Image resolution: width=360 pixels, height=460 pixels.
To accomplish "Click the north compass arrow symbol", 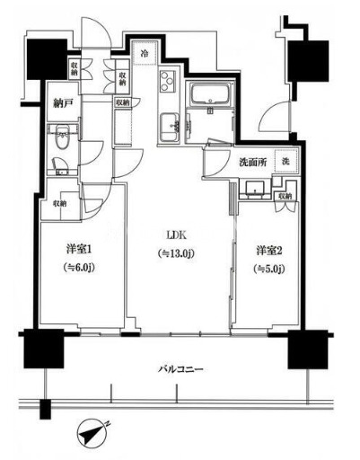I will tap(92, 434).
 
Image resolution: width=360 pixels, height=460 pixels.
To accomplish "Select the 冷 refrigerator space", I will tap(144, 54).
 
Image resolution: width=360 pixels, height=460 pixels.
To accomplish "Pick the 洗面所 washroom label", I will tap(251, 162).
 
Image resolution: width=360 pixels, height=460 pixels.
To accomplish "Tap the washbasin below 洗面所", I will tap(255, 189).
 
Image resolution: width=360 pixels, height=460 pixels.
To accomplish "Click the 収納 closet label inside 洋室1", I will tap(59, 204).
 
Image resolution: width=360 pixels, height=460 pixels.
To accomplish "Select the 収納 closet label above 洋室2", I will tap(285, 195).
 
